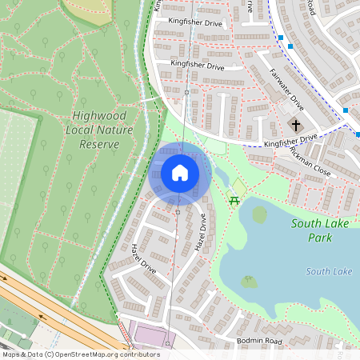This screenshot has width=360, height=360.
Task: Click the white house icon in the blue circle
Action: point(180,173)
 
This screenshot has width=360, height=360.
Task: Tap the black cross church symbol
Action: point(296,125)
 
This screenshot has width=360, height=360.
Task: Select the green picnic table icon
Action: point(234,200)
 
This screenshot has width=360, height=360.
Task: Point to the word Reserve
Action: point(99,145)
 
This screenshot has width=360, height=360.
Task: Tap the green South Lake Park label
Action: point(320,230)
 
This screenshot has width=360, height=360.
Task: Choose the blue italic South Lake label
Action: point(329,272)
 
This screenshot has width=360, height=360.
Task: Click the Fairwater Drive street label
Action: point(287,90)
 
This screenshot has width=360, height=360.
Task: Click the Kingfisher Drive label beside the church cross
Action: point(290,141)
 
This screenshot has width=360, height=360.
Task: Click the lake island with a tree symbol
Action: point(250,282)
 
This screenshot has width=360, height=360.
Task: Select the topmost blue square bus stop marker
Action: point(281,37)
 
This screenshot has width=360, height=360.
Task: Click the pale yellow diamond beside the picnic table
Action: point(239,186)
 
